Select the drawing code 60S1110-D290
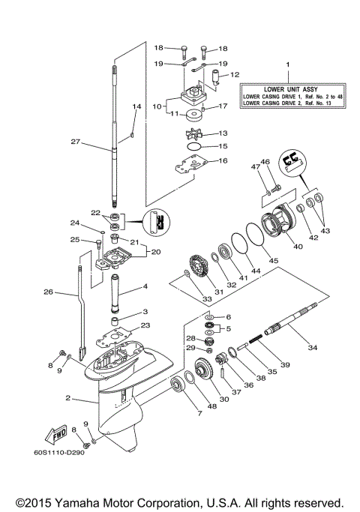60,453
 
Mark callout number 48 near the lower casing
212,406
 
